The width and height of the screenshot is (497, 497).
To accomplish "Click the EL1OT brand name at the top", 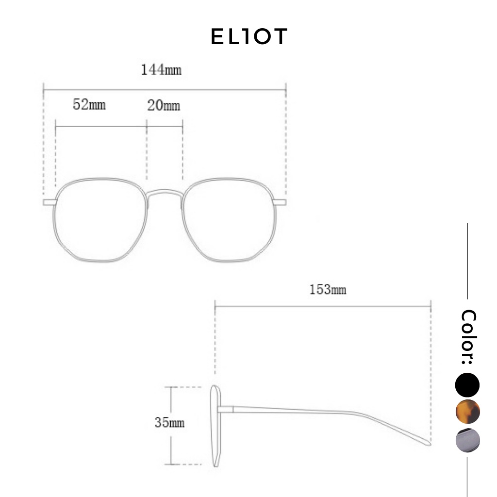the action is (249, 37).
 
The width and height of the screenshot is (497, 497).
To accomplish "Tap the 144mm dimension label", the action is (161, 70).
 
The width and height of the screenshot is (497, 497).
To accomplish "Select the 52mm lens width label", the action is (89, 104).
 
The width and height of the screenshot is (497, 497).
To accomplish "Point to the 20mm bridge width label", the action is (164, 105).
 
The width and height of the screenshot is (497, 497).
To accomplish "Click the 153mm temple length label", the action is (328, 290).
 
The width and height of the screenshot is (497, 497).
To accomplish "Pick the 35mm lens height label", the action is (169, 423).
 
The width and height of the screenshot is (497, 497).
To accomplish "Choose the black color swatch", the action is (467, 385).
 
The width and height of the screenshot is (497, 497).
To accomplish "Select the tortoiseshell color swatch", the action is (467, 412).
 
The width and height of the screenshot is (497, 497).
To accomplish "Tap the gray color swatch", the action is (467, 441).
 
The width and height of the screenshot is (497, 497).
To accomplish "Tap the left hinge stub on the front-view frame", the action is (50, 202).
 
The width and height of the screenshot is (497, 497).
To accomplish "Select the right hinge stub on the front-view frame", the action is (280, 202).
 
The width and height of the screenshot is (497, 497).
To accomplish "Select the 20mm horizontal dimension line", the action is (165, 126).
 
